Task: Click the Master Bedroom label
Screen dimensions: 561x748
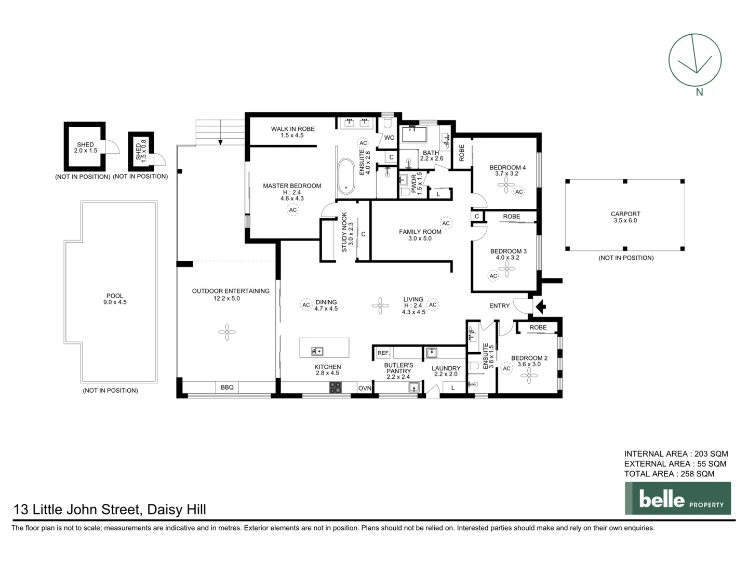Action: (x=292, y=185)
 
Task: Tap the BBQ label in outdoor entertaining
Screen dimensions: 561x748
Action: (x=227, y=388)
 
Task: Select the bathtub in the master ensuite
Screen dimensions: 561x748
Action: (x=345, y=177)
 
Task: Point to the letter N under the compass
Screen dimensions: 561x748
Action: (x=699, y=92)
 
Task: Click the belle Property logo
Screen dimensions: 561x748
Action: (x=677, y=499)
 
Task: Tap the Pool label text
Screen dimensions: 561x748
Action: (x=115, y=296)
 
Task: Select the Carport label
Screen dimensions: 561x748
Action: (x=625, y=213)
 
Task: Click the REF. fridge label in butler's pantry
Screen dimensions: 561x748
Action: (x=383, y=353)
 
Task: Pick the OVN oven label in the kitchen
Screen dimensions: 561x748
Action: (x=365, y=388)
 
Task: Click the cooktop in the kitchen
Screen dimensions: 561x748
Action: (x=336, y=387)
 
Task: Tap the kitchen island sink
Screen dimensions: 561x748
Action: (x=317, y=352)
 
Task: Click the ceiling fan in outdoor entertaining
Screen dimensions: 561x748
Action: (x=226, y=332)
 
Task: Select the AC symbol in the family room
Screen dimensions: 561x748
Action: (x=446, y=223)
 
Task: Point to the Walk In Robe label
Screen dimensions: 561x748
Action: (x=292, y=129)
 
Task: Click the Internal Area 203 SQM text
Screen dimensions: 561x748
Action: (x=676, y=453)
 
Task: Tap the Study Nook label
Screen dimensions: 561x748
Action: (x=344, y=232)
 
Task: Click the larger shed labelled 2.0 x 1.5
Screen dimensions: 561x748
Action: (x=85, y=147)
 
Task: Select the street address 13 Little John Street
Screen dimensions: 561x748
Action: (x=110, y=510)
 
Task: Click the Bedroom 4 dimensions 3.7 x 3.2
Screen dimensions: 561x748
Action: (x=506, y=173)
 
